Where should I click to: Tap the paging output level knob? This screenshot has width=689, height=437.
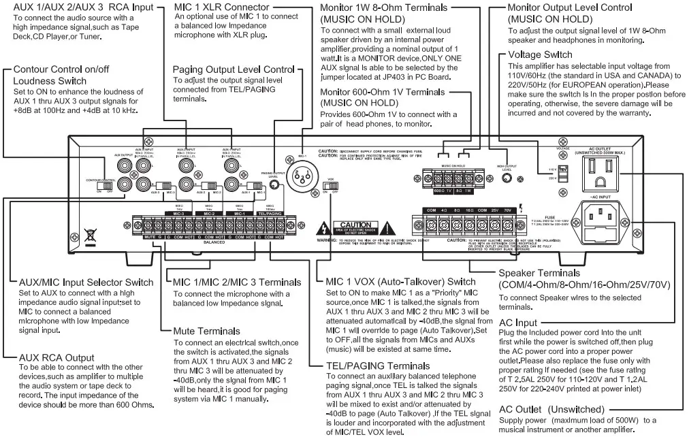tap(274, 185)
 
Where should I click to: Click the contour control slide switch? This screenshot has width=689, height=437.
tap(104, 184)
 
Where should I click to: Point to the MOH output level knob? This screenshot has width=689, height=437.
tap(506, 179)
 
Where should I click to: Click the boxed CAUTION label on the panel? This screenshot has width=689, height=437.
tap(355, 225)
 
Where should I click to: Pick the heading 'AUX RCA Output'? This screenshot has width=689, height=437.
tap(57, 357)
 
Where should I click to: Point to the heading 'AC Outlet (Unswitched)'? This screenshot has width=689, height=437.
tap(551, 409)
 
